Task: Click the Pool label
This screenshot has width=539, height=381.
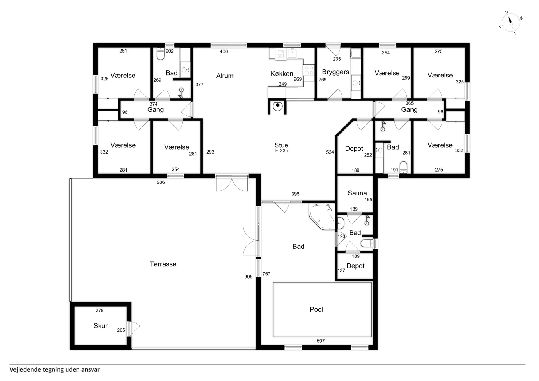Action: pyautogui.click(x=316, y=309)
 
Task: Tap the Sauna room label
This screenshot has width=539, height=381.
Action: pyautogui.click(x=357, y=193)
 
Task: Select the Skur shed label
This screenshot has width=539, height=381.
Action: pyautogui.click(x=101, y=326)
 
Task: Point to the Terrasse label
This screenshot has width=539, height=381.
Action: pyautogui.click(x=163, y=264)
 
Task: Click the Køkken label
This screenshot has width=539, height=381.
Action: pyautogui.click(x=282, y=74)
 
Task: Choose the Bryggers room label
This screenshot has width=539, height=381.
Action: pyautogui.click(x=335, y=72)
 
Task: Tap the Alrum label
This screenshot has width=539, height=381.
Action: pyautogui.click(x=225, y=76)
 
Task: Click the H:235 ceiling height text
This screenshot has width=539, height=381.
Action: pyautogui.click(x=281, y=151)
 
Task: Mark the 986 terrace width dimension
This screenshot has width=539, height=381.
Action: pyautogui.click(x=161, y=182)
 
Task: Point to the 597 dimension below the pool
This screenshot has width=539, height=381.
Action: pyautogui.click(x=321, y=341)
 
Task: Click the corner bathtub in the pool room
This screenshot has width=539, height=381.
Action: pyautogui.click(x=322, y=216)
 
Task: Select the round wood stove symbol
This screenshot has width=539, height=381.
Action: pyautogui.click(x=278, y=106)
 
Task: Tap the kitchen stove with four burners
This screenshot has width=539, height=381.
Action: pyautogui.click(x=309, y=70)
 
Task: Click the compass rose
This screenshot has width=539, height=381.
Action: pyautogui.click(x=511, y=22)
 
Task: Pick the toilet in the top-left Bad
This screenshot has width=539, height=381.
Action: pyautogui.click(x=161, y=54)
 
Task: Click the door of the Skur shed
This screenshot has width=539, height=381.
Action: pyautogui.click(x=133, y=329)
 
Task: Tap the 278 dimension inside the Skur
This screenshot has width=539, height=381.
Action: pyautogui.click(x=100, y=310)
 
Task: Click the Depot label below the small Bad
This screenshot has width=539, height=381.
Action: pyautogui.click(x=355, y=266)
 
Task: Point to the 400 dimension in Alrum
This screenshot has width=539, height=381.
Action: pyautogui.click(x=224, y=51)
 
